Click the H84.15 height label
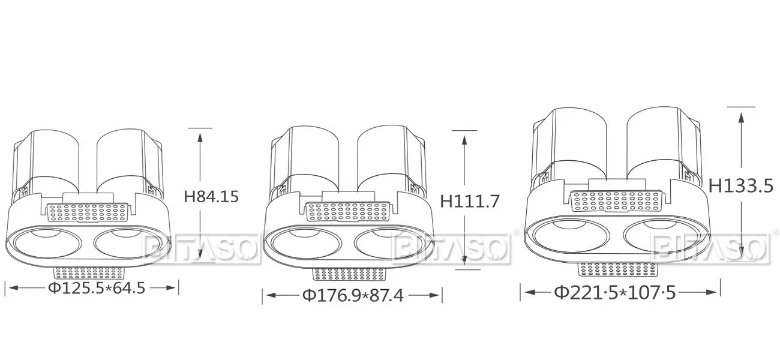[211, 197]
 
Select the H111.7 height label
[470, 201]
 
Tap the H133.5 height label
[740, 185]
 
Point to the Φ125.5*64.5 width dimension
[97, 288]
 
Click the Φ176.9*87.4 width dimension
[353, 296]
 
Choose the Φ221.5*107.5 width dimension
[614, 292]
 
